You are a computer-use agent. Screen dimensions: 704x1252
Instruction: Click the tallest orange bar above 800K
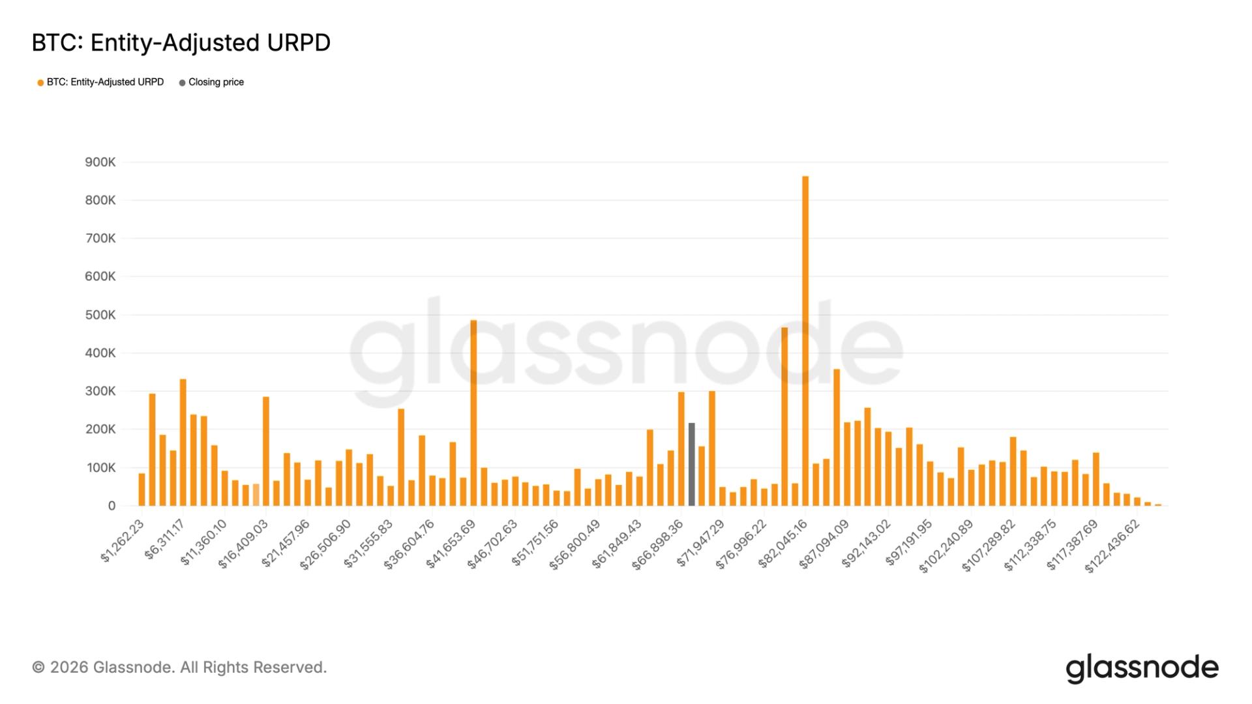point(805,339)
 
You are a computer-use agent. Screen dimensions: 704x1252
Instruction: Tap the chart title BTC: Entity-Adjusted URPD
point(181,43)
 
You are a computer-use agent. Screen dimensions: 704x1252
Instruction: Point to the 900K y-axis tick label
point(100,162)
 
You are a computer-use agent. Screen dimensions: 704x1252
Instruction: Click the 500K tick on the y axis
point(100,315)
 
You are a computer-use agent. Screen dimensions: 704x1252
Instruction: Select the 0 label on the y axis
point(112,506)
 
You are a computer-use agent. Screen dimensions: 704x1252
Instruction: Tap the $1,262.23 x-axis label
point(123,540)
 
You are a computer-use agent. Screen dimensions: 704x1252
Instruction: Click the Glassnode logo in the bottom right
point(1142,668)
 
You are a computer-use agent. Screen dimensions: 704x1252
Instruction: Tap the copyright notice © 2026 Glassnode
point(179,667)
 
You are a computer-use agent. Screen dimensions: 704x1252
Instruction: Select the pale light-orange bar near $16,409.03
point(256,495)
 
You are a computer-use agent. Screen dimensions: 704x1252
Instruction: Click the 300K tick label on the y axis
point(100,392)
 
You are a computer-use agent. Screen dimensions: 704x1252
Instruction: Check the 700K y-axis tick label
point(100,239)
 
